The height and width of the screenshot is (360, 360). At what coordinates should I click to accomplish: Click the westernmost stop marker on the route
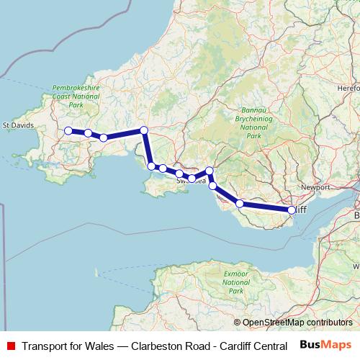click(68, 131)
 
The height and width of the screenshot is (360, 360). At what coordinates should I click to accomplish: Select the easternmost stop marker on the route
click(292, 210)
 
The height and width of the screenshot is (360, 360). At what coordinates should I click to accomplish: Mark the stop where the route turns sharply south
click(144, 130)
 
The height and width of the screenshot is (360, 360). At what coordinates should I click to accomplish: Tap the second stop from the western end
click(88, 133)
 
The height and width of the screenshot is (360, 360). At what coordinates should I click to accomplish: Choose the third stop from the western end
click(104, 138)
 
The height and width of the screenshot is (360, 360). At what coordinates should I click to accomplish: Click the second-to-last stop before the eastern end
click(240, 204)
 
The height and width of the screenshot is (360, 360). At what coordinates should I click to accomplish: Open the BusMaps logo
click(326, 345)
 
